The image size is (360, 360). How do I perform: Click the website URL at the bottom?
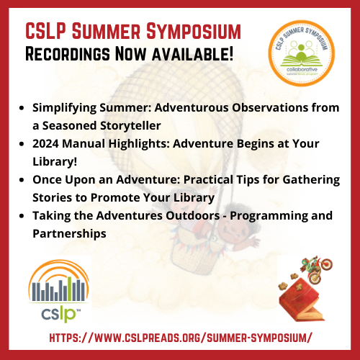[180, 337]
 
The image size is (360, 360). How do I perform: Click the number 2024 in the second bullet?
[48, 143]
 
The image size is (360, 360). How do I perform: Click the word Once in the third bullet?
[48, 179]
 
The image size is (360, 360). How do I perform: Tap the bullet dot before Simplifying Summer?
[22, 108]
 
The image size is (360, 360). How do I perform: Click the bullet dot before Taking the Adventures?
[22, 215]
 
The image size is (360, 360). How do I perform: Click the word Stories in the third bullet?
[51, 197]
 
